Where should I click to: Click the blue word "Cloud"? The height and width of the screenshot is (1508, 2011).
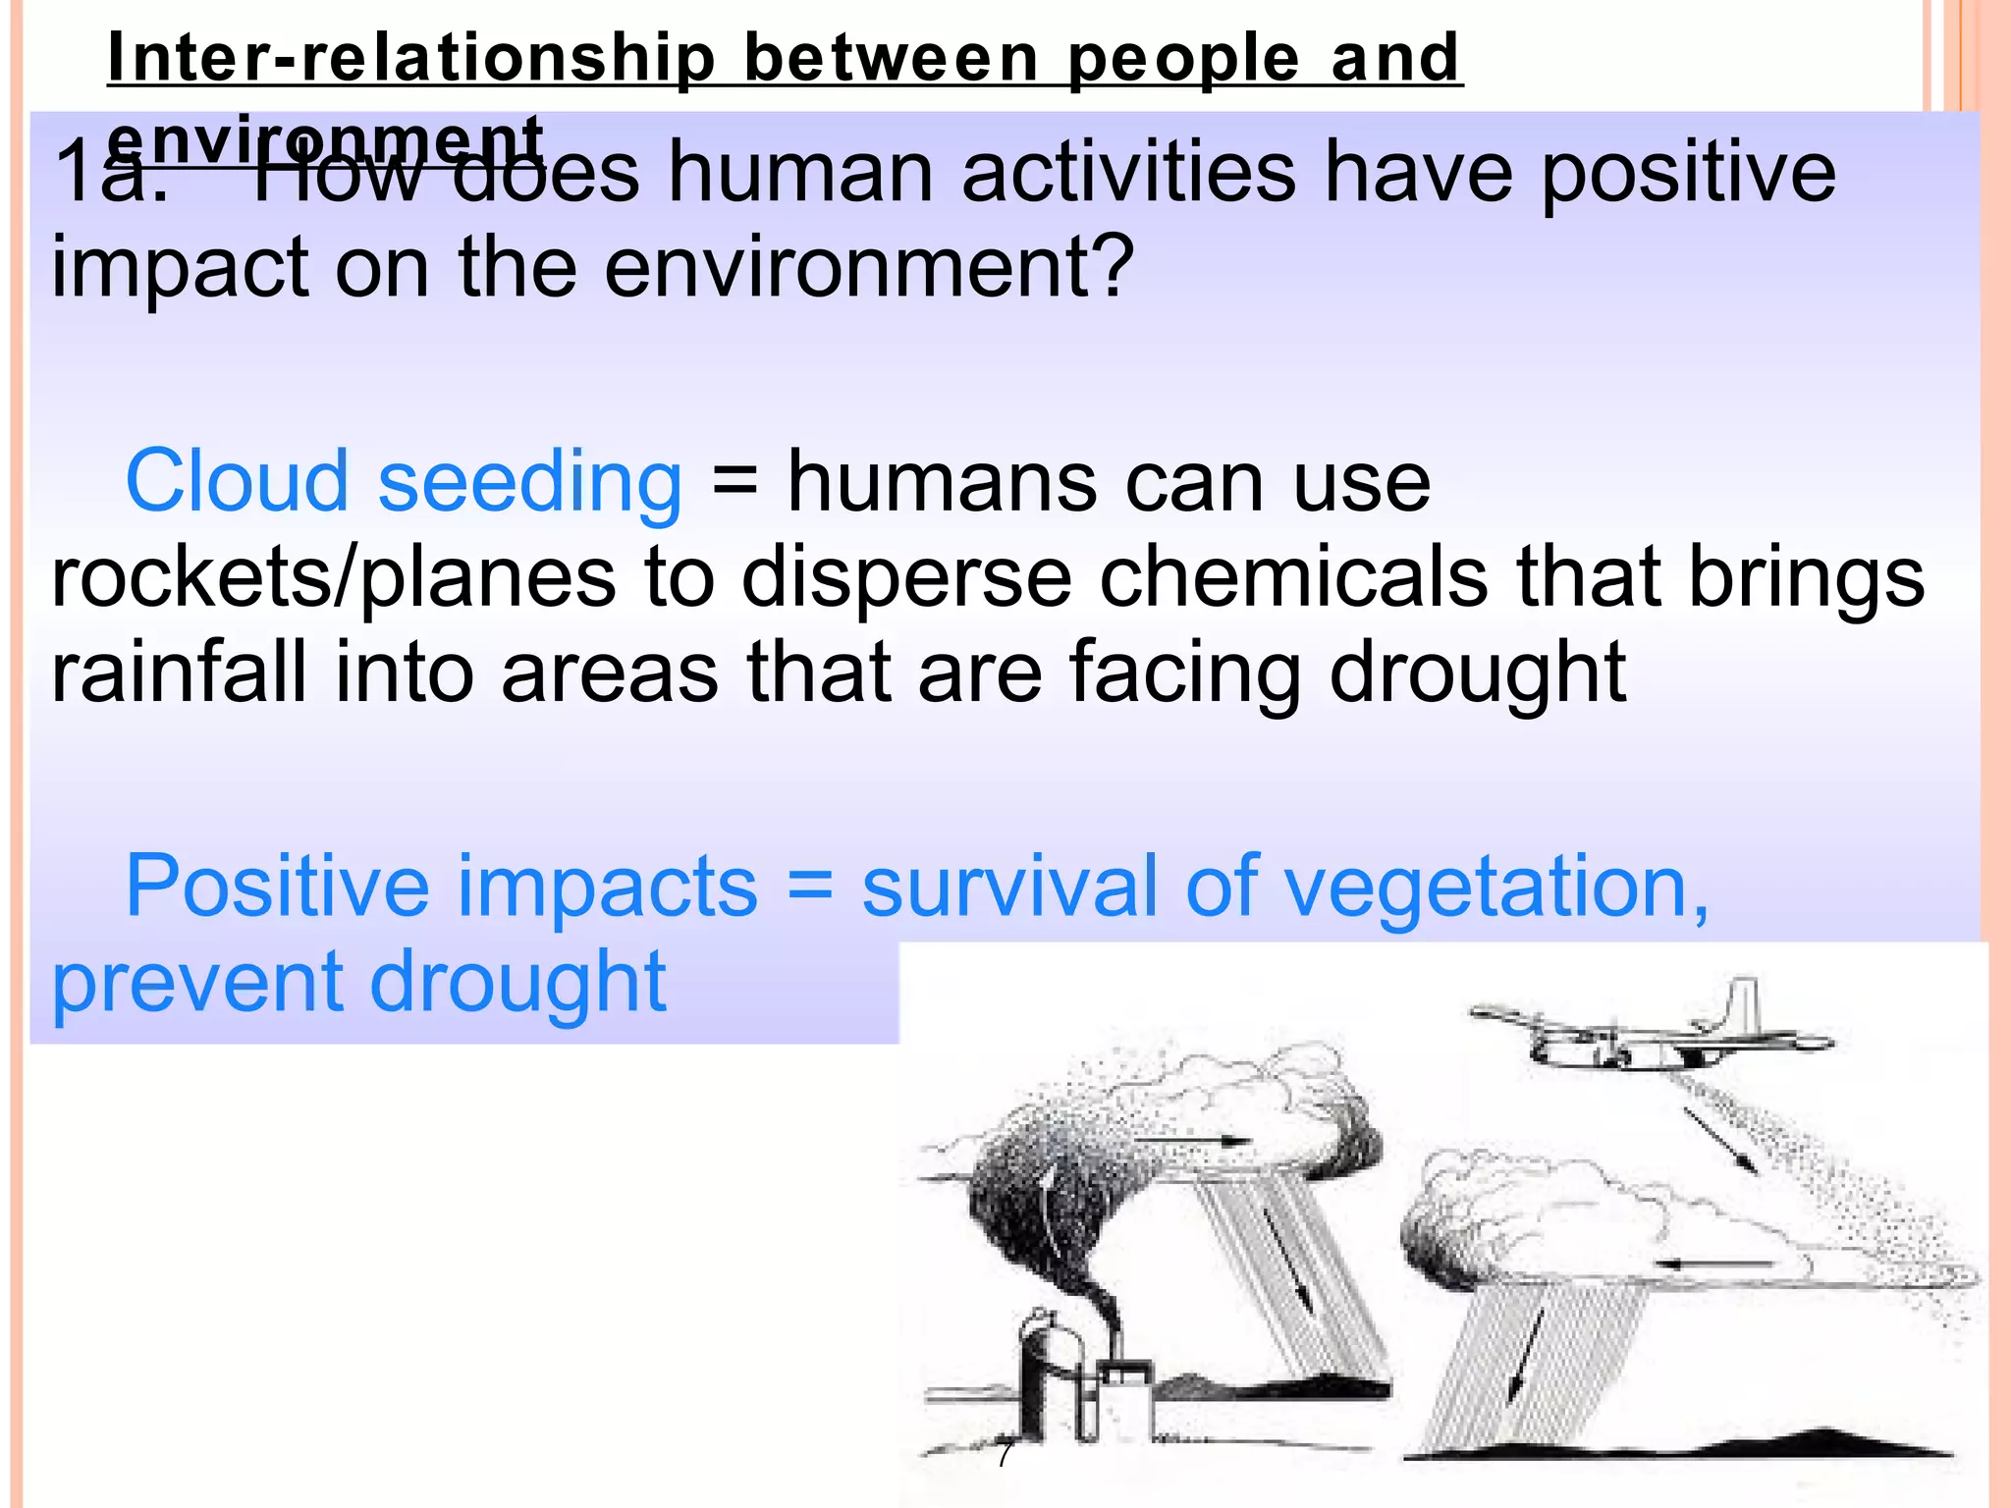coord(237,481)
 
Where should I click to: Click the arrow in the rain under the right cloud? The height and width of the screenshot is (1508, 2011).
coord(1525,1355)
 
